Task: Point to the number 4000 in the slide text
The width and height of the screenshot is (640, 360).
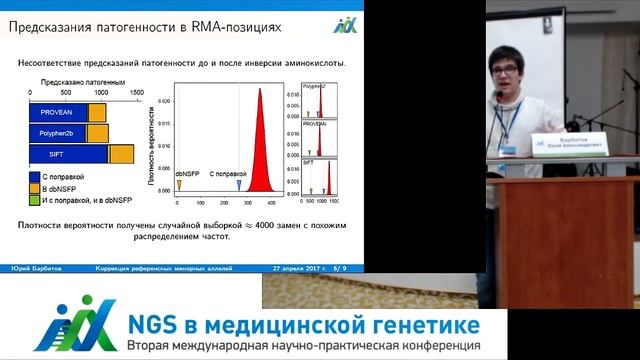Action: click(x=270, y=226)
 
